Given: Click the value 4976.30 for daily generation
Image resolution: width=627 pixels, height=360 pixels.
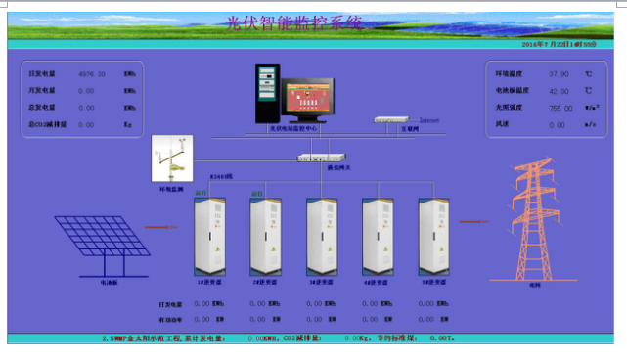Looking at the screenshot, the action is click(x=91, y=73).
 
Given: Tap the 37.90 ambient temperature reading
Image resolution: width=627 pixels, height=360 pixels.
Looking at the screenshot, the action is click(x=560, y=73).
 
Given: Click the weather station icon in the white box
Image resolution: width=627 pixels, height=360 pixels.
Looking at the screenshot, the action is click(x=171, y=157).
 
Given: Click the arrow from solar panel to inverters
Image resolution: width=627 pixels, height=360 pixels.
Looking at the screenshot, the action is click(x=158, y=227).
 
